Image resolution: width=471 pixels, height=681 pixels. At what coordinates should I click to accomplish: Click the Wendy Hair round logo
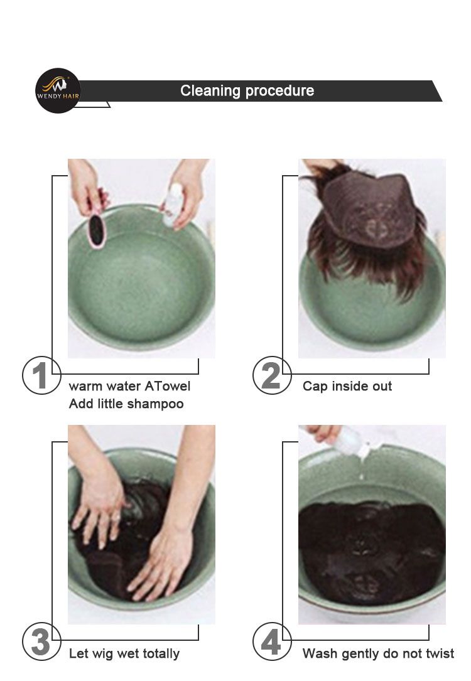coord(58,91)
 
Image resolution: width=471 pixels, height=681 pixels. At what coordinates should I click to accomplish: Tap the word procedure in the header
coord(279,91)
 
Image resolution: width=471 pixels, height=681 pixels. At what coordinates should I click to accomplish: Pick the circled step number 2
coord(272,376)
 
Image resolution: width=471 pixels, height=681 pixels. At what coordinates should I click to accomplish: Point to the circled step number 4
coord(272,642)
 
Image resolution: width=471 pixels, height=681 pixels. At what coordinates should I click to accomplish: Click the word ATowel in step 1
coord(168,386)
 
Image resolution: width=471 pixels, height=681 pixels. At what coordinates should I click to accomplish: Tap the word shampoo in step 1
coord(156,405)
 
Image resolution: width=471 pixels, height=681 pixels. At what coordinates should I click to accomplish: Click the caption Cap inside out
coord(347,386)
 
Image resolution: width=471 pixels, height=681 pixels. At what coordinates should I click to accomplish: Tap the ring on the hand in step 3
coord(116,517)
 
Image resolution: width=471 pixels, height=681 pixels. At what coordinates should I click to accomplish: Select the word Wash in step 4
coord(320,653)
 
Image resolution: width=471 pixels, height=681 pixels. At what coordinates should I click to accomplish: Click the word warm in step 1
coord(85,387)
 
